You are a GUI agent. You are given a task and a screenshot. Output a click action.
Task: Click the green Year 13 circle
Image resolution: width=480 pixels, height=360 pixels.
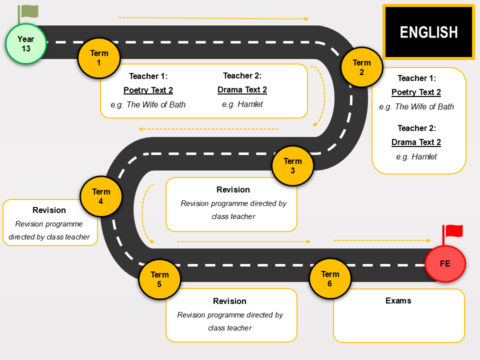[x=26, y=44]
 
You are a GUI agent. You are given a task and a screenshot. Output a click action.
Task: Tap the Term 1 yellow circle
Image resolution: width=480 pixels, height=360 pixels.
[x=99, y=58]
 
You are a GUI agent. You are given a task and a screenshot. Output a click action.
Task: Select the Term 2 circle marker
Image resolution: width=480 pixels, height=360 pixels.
[x=362, y=67]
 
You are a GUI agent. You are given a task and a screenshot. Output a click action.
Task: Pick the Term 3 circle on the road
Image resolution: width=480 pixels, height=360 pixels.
[x=292, y=165]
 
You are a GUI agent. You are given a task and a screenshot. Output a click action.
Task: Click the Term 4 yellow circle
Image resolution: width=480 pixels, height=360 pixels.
[x=101, y=196]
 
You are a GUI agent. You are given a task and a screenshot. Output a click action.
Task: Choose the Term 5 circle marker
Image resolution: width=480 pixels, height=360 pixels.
[x=159, y=279]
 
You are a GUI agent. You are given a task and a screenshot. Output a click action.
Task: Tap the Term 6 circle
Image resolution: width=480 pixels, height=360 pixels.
[x=330, y=278]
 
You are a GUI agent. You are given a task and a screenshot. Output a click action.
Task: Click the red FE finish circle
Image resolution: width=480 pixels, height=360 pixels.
[x=445, y=263]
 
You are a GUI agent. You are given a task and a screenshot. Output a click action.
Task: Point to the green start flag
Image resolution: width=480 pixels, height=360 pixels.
[x=28, y=14]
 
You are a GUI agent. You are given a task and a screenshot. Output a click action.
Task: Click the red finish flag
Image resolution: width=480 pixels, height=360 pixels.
[x=452, y=234]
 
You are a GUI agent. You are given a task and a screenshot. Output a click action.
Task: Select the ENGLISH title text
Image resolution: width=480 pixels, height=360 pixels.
[x=428, y=32]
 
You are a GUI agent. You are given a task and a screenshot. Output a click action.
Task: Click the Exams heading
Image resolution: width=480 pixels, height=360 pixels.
[x=398, y=300]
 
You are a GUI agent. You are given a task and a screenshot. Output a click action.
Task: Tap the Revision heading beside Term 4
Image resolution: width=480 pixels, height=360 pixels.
[x=49, y=210]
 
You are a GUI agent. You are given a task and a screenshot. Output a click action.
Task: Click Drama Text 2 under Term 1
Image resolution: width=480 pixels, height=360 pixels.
[x=242, y=89]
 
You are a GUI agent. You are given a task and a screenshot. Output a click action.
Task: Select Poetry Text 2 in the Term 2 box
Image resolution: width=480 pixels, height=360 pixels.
[x=416, y=92]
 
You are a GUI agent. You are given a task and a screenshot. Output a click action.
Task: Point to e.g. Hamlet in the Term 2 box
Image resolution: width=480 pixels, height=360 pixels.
[x=416, y=156]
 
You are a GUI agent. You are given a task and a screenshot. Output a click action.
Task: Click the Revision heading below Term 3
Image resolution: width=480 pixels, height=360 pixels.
[x=233, y=189]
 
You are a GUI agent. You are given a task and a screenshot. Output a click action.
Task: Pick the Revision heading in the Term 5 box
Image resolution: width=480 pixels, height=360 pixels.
[x=229, y=301]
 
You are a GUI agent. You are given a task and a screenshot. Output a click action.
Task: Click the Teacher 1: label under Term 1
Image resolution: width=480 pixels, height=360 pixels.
[x=148, y=76]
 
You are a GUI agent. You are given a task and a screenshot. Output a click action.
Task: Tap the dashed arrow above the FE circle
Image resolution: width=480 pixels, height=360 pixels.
[x=382, y=240]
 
